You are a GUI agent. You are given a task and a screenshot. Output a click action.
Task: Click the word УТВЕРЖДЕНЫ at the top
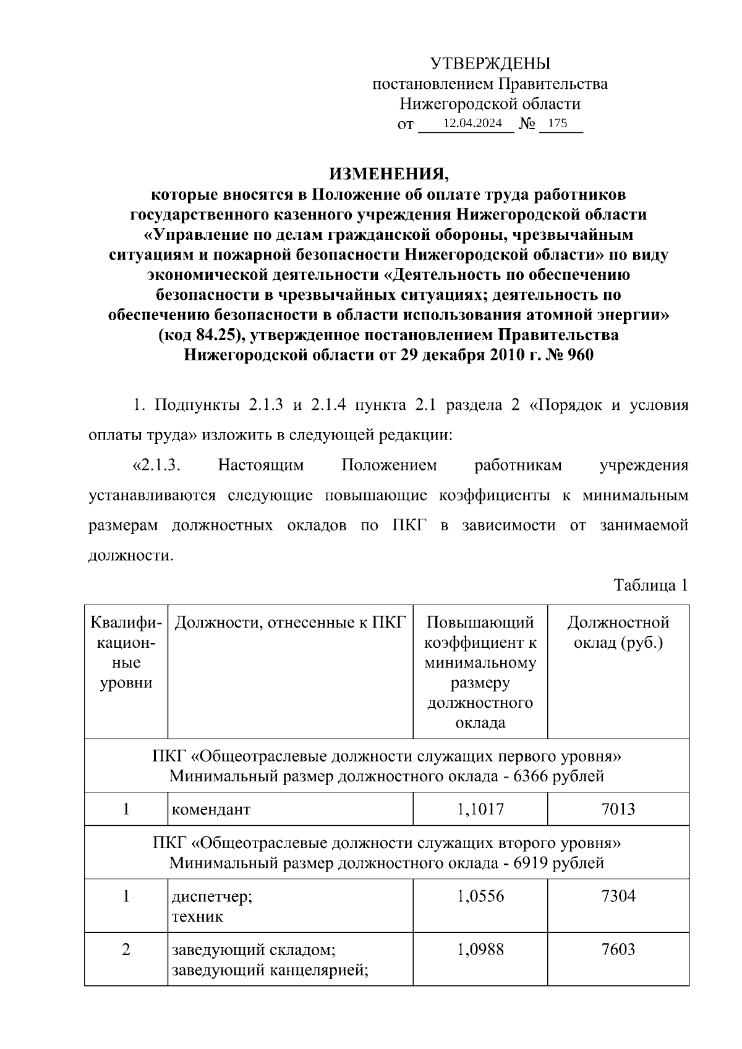[490, 64]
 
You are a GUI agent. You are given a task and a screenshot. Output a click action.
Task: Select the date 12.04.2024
[472, 123]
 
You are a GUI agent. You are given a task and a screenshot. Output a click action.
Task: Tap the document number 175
[557, 123]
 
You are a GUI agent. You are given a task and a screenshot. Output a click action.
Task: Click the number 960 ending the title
[579, 355]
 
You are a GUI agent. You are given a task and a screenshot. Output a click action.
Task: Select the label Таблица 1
[650, 585]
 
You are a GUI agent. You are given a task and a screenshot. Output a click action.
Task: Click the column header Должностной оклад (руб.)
[618, 632]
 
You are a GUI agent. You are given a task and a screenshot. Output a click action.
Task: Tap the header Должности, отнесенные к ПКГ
[290, 622]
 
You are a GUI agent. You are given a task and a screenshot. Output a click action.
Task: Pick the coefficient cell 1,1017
[480, 809]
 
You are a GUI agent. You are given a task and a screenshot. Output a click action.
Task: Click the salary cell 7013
[618, 809]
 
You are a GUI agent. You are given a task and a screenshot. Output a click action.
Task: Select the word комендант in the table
[211, 809]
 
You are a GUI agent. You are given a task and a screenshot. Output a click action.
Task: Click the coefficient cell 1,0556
[480, 896]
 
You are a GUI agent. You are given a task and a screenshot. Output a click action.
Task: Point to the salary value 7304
[618, 896]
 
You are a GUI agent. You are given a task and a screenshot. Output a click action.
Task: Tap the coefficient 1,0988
[480, 949]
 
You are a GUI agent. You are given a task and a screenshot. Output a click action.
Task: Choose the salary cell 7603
[618, 949]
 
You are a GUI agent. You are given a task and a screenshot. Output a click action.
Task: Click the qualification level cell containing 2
[126, 949]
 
